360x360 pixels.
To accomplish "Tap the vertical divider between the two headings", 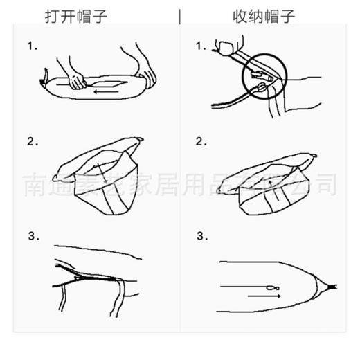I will click(180, 16).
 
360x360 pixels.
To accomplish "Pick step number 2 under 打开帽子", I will click(30, 142).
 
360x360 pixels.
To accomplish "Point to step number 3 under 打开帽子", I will click(30, 236).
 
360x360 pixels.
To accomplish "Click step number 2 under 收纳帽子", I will click(201, 142).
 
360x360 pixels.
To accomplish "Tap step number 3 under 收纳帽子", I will click(201, 236).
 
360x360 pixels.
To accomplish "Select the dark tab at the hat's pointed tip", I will click(335, 284).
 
